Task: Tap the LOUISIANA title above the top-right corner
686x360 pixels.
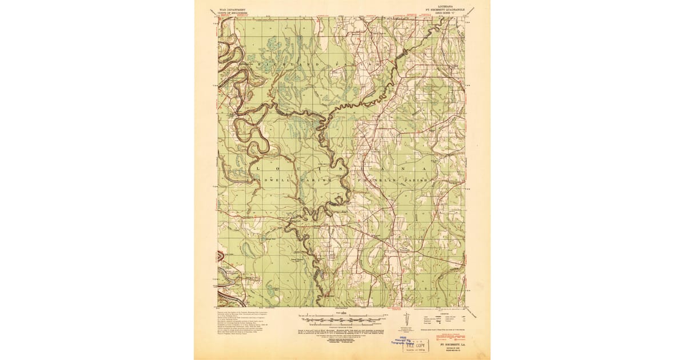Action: [444, 6]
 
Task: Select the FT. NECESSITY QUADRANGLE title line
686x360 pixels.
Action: [444, 10]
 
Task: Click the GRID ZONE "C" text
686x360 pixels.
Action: [444, 13]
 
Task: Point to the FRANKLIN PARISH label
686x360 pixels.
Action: [394, 180]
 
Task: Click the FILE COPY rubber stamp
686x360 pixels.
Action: [417, 345]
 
